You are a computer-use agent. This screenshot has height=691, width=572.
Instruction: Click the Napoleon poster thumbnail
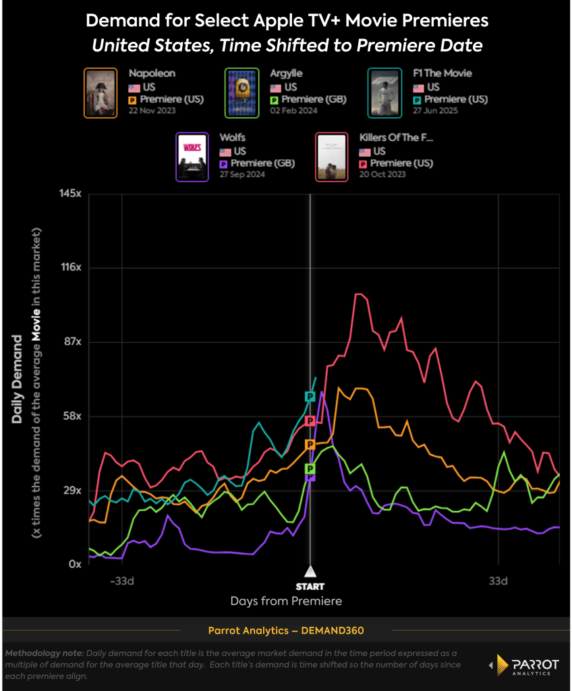101,93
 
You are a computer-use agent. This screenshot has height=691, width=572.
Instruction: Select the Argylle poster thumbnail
241,93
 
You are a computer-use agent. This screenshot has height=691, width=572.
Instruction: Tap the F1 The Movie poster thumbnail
384,93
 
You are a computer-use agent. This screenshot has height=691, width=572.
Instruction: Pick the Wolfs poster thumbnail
192,157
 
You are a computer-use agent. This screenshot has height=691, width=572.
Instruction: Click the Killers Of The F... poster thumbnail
332,157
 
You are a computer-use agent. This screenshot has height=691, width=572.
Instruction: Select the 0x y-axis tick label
75,564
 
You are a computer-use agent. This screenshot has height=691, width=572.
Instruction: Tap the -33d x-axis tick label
122,580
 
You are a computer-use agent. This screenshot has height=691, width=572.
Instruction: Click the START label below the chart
310,586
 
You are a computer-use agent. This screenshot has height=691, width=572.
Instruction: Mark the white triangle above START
310,572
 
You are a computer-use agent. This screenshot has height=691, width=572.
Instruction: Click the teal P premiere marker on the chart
310,396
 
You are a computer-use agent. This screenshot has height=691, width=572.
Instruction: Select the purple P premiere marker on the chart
310,476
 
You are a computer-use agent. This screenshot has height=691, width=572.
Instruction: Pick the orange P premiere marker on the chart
310,444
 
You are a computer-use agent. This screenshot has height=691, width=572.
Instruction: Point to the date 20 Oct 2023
382,174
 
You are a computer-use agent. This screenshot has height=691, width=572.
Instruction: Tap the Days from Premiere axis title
286,601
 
